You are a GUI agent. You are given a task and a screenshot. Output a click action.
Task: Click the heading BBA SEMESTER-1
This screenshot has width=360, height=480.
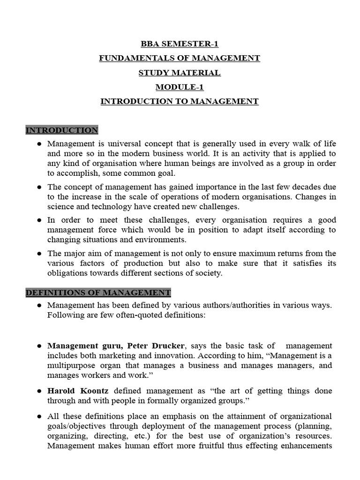(180, 44)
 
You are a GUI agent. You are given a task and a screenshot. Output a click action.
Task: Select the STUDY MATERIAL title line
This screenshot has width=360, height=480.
(180, 73)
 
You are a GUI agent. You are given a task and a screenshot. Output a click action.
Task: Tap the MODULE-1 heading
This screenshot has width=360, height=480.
(180, 87)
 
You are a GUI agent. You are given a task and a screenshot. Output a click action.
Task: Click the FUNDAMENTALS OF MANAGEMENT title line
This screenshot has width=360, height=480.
(180, 58)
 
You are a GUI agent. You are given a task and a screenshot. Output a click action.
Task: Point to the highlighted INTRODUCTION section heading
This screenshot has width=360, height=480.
(62, 130)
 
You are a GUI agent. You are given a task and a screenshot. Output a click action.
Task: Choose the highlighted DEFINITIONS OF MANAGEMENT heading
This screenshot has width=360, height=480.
(98, 293)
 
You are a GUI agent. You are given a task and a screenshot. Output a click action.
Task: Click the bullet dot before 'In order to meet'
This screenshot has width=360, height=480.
(39, 220)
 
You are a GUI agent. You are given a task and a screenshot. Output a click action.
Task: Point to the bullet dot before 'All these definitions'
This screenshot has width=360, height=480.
(39, 416)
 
